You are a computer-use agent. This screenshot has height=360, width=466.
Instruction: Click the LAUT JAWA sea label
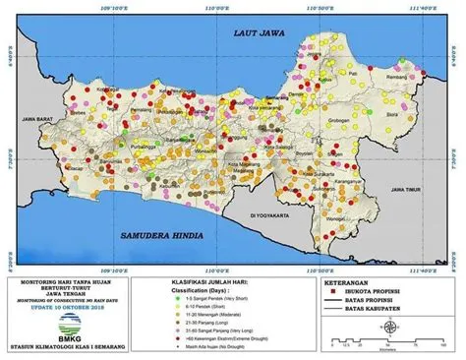point(257,33)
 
